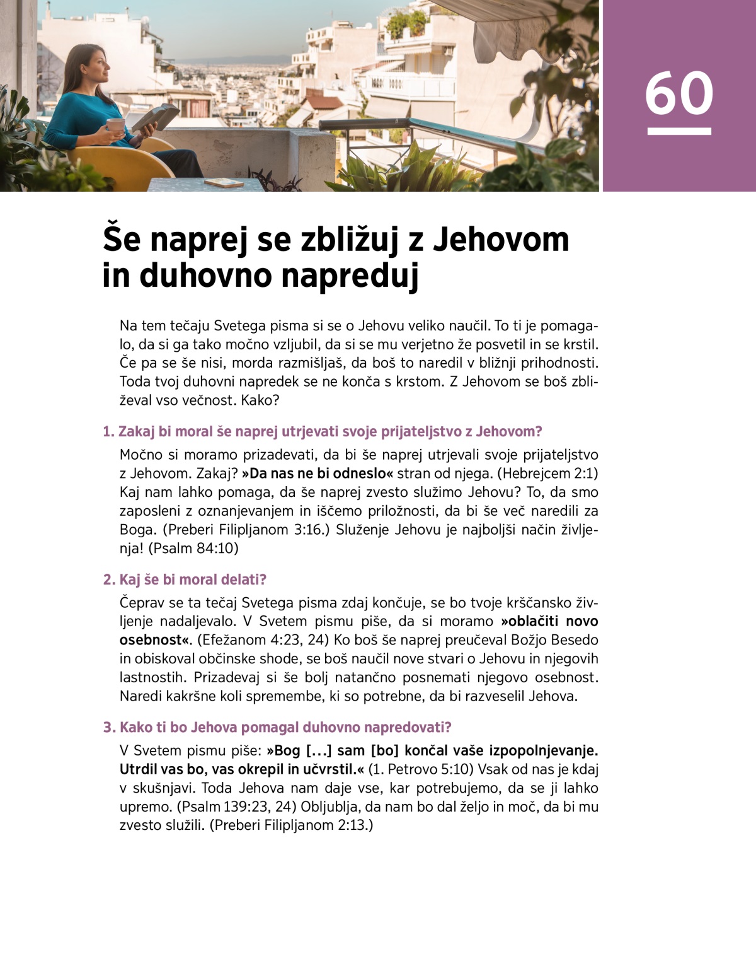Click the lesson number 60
pos(679,93)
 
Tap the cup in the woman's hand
pos(116,125)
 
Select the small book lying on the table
pos(224,183)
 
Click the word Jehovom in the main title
pos(501,240)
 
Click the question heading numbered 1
pos(322,432)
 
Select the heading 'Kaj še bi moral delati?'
pos(185,580)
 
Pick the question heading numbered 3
pos(277,728)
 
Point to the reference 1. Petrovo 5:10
pos(422,769)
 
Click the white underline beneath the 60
pos(679,132)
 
